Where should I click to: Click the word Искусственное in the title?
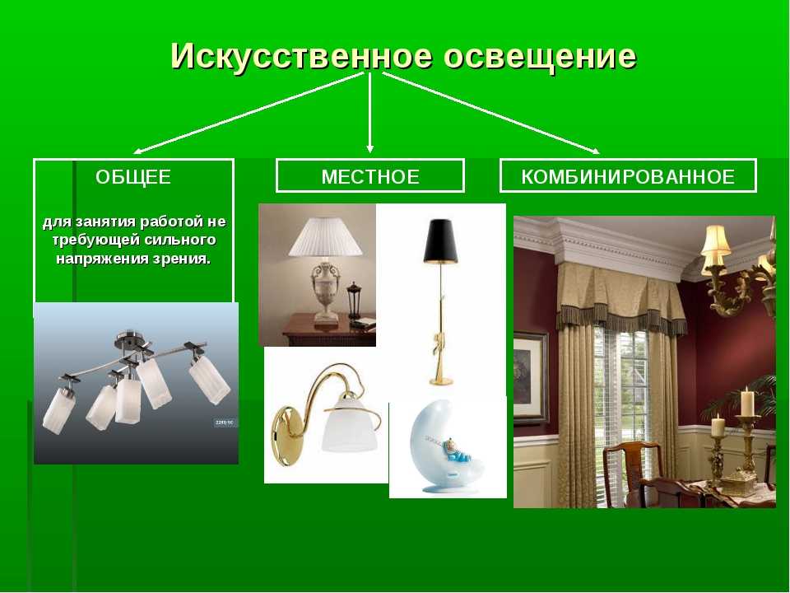click(301, 55)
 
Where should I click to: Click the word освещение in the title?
click(540, 56)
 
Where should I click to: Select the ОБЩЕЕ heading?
click(133, 177)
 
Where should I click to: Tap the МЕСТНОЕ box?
click(370, 176)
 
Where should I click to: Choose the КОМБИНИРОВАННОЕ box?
click(628, 176)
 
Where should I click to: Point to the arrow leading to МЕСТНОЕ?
click(370, 113)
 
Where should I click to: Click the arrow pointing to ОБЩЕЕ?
click(249, 113)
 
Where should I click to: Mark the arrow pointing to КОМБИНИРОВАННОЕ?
click(491, 113)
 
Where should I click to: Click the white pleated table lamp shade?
click(325, 236)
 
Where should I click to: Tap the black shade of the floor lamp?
click(440, 241)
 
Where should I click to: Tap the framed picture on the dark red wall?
click(530, 378)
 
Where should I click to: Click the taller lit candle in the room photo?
click(747, 402)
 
